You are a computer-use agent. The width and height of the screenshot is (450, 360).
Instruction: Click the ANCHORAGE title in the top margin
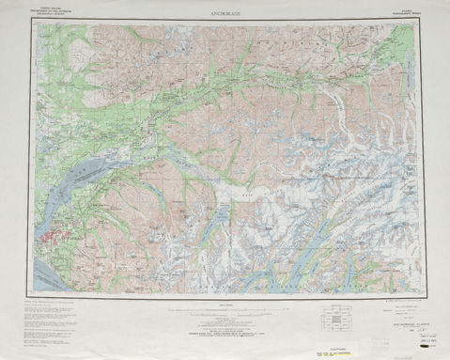(x=225, y=13)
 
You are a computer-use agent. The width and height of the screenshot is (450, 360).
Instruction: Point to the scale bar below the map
(x=225, y=305)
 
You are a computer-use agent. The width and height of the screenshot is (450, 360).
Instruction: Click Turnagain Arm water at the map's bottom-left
(x=56, y=277)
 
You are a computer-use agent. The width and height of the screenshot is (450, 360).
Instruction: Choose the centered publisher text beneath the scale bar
(x=225, y=325)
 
